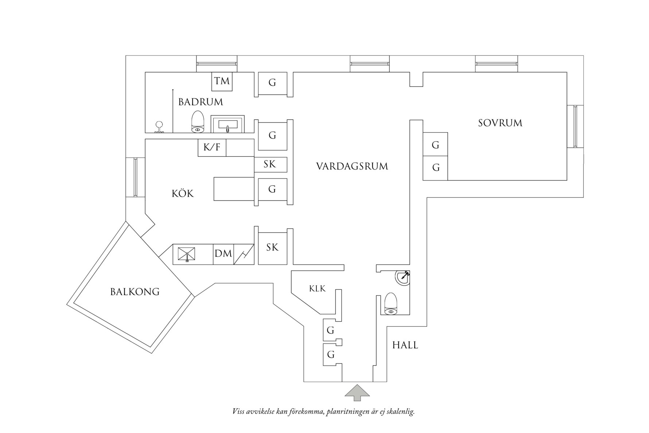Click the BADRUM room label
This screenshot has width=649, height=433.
(201, 102)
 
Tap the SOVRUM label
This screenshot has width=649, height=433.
(500, 123)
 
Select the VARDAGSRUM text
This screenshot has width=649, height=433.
(352, 167)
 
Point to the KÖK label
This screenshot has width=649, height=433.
(183, 194)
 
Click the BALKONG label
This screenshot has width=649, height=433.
(135, 292)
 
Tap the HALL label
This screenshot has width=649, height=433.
(405, 345)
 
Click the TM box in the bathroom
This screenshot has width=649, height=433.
(222, 81)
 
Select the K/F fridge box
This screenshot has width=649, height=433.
(212, 148)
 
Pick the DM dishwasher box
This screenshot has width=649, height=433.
(223, 254)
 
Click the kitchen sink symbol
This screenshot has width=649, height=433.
(186, 254)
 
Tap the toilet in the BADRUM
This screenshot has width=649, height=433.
(198, 122)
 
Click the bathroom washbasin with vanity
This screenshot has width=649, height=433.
(228, 124)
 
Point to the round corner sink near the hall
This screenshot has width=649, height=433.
(403, 278)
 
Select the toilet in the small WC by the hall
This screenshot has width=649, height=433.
(390, 304)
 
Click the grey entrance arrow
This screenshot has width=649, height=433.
(357, 393)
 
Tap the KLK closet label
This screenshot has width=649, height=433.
(317, 289)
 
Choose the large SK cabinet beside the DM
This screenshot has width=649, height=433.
(272, 248)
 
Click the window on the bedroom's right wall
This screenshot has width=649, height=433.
(575, 126)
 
